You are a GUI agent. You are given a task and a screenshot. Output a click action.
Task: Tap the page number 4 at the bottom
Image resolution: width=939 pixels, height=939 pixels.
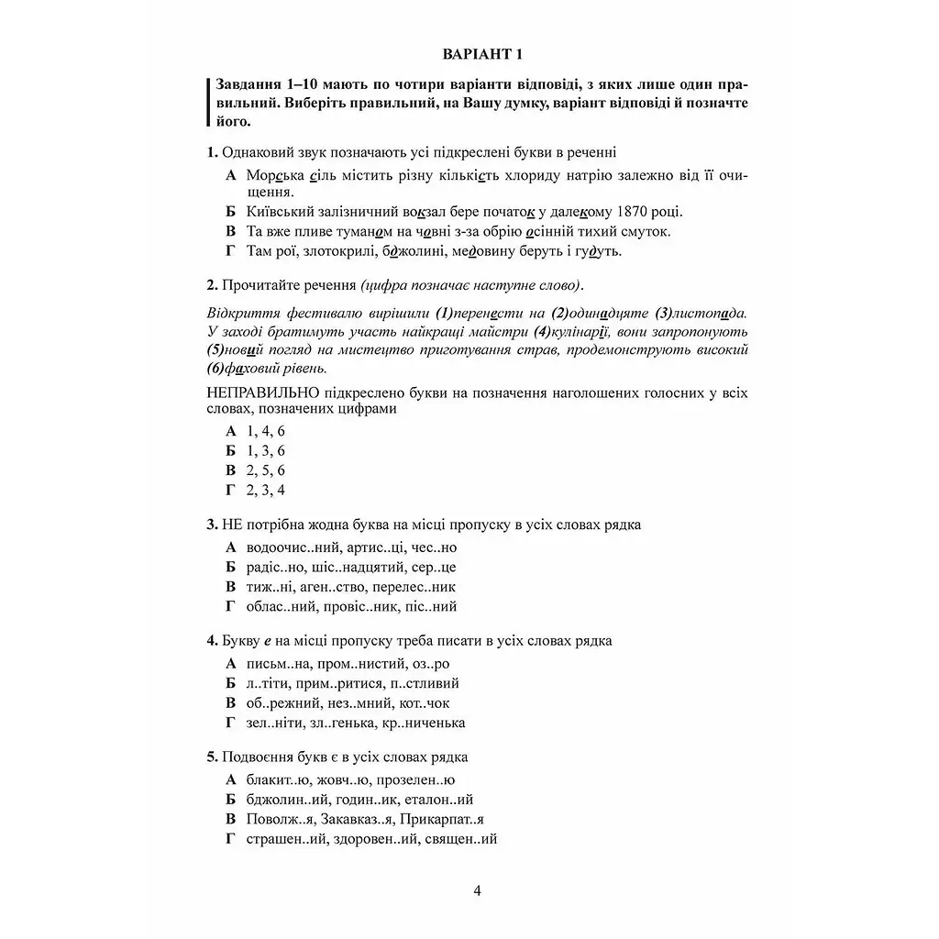[x=478, y=889]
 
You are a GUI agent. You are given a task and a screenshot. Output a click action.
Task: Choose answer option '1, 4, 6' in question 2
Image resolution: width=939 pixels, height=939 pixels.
[x=266, y=430]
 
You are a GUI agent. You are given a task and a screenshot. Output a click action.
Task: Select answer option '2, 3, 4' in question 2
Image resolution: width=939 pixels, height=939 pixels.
[x=266, y=490]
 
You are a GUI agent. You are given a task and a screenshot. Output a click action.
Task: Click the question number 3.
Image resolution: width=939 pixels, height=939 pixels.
[x=212, y=526]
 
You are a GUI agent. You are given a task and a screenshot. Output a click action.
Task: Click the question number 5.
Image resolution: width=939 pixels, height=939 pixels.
[x=212, y=757]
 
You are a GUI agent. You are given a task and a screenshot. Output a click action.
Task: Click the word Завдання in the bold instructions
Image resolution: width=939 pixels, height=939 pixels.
[x=248, y=83]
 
